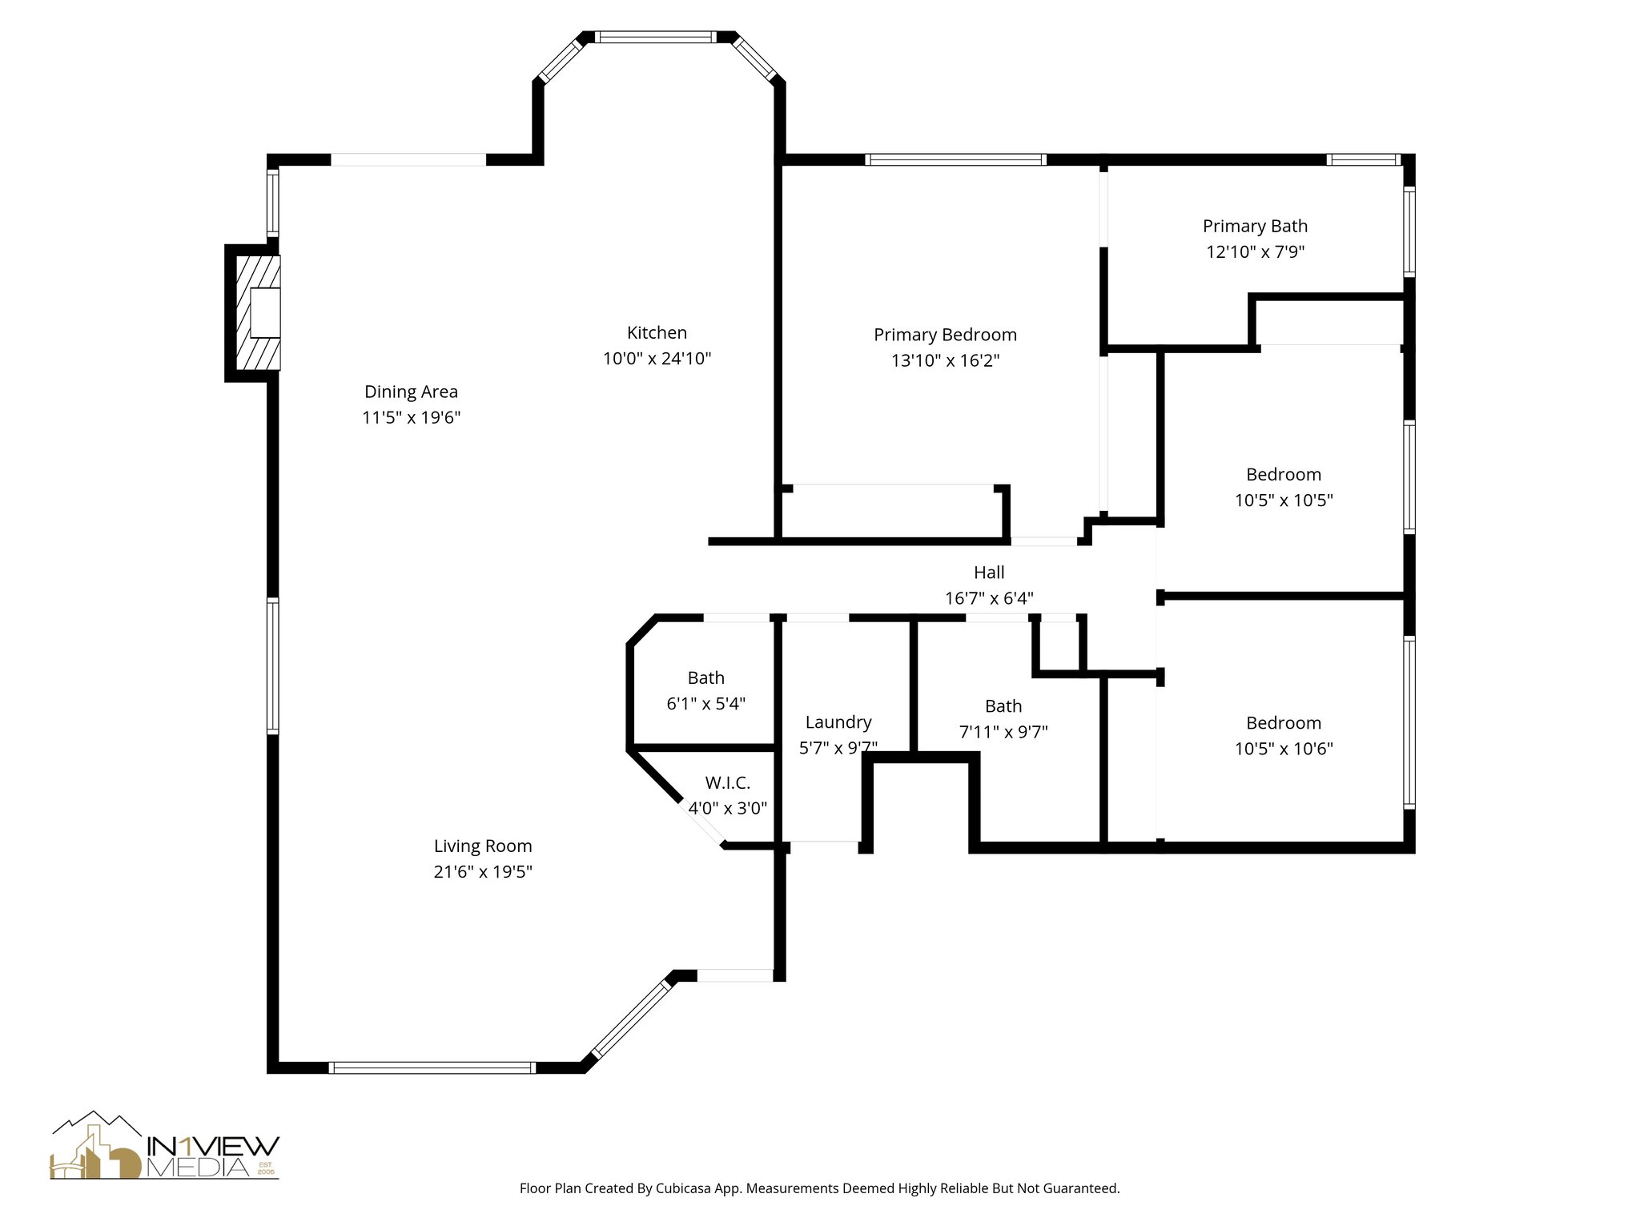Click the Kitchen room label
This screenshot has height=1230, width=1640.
click(657, 332)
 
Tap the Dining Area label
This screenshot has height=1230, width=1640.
click(411, 392)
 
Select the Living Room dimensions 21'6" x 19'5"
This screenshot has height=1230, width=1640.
click(483, 871)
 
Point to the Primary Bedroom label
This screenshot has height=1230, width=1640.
click(945, 335)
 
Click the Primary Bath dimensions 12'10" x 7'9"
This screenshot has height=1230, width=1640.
click(1255, 251)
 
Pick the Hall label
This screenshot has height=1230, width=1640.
click(989, 572)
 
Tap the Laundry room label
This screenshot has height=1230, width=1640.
click(838, 722)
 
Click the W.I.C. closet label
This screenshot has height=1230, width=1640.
click(727, 782)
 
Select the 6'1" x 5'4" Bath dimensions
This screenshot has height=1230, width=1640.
click(705, 703)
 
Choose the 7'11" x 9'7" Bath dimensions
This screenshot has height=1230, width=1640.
click(1003, 731)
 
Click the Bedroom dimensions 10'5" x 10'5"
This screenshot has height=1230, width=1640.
click(1284, 500)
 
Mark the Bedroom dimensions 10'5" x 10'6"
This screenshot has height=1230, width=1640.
click(1284, 748)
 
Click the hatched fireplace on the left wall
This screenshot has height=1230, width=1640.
click(258, 312)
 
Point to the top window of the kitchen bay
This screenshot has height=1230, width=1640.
click(656, 37)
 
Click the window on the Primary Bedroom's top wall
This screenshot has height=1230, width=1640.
click(956, 159)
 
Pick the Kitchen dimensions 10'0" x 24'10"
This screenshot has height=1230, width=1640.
click(657, 358)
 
